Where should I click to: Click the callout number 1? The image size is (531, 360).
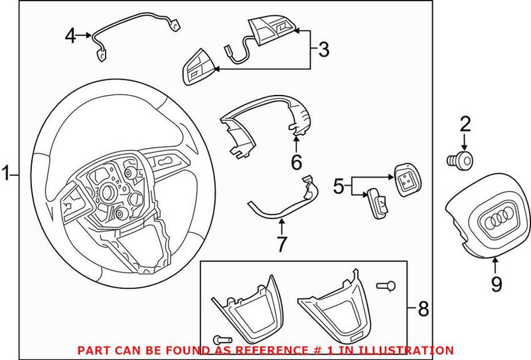6,175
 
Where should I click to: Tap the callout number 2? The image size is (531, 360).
465,123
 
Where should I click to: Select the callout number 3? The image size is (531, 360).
323,48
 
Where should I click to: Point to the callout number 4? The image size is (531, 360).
70,35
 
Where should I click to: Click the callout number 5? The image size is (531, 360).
339,187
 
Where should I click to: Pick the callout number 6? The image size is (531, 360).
296,161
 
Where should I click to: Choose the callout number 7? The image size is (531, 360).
281,244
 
